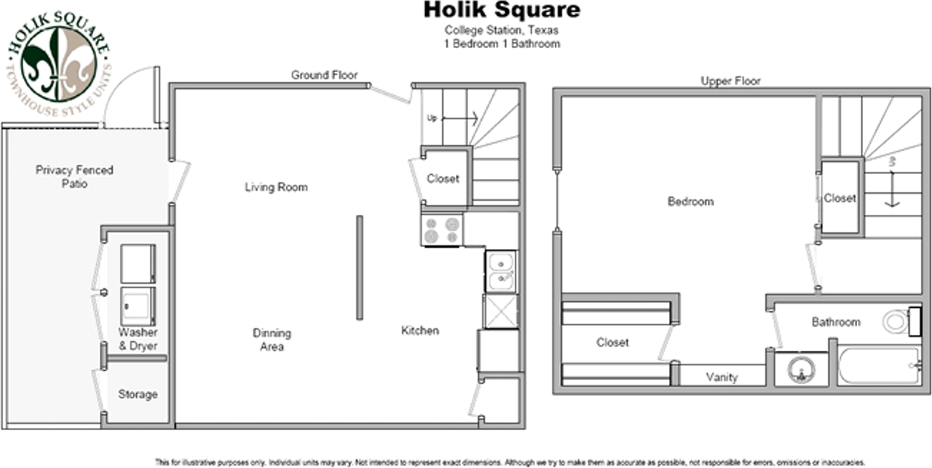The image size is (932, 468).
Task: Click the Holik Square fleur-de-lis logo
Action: [58, 64]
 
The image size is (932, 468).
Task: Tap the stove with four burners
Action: [442, 230]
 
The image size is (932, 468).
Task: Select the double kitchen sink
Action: [501, 271]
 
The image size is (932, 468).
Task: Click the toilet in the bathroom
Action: [898, 321]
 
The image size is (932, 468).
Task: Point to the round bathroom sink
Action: [801, 370]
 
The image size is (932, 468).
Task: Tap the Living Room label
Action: [276, 187]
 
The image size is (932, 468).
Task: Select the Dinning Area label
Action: [272, 340]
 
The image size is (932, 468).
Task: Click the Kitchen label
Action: [420, 330]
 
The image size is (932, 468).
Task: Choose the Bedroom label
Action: [690, 201]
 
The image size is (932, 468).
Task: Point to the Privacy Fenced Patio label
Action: [74, 177]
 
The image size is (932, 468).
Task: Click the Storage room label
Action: [138, 394]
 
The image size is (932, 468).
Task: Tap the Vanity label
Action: [722, 377]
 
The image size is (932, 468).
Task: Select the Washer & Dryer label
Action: [138, 339]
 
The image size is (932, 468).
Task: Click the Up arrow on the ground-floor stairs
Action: [459, 118]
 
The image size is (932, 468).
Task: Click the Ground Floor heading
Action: [324, 75]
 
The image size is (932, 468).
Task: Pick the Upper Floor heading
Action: [730, 81]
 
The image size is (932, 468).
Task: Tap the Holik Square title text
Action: [502, 10]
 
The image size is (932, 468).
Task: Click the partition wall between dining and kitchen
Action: [359, 267]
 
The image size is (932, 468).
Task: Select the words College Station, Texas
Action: [502, 31]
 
